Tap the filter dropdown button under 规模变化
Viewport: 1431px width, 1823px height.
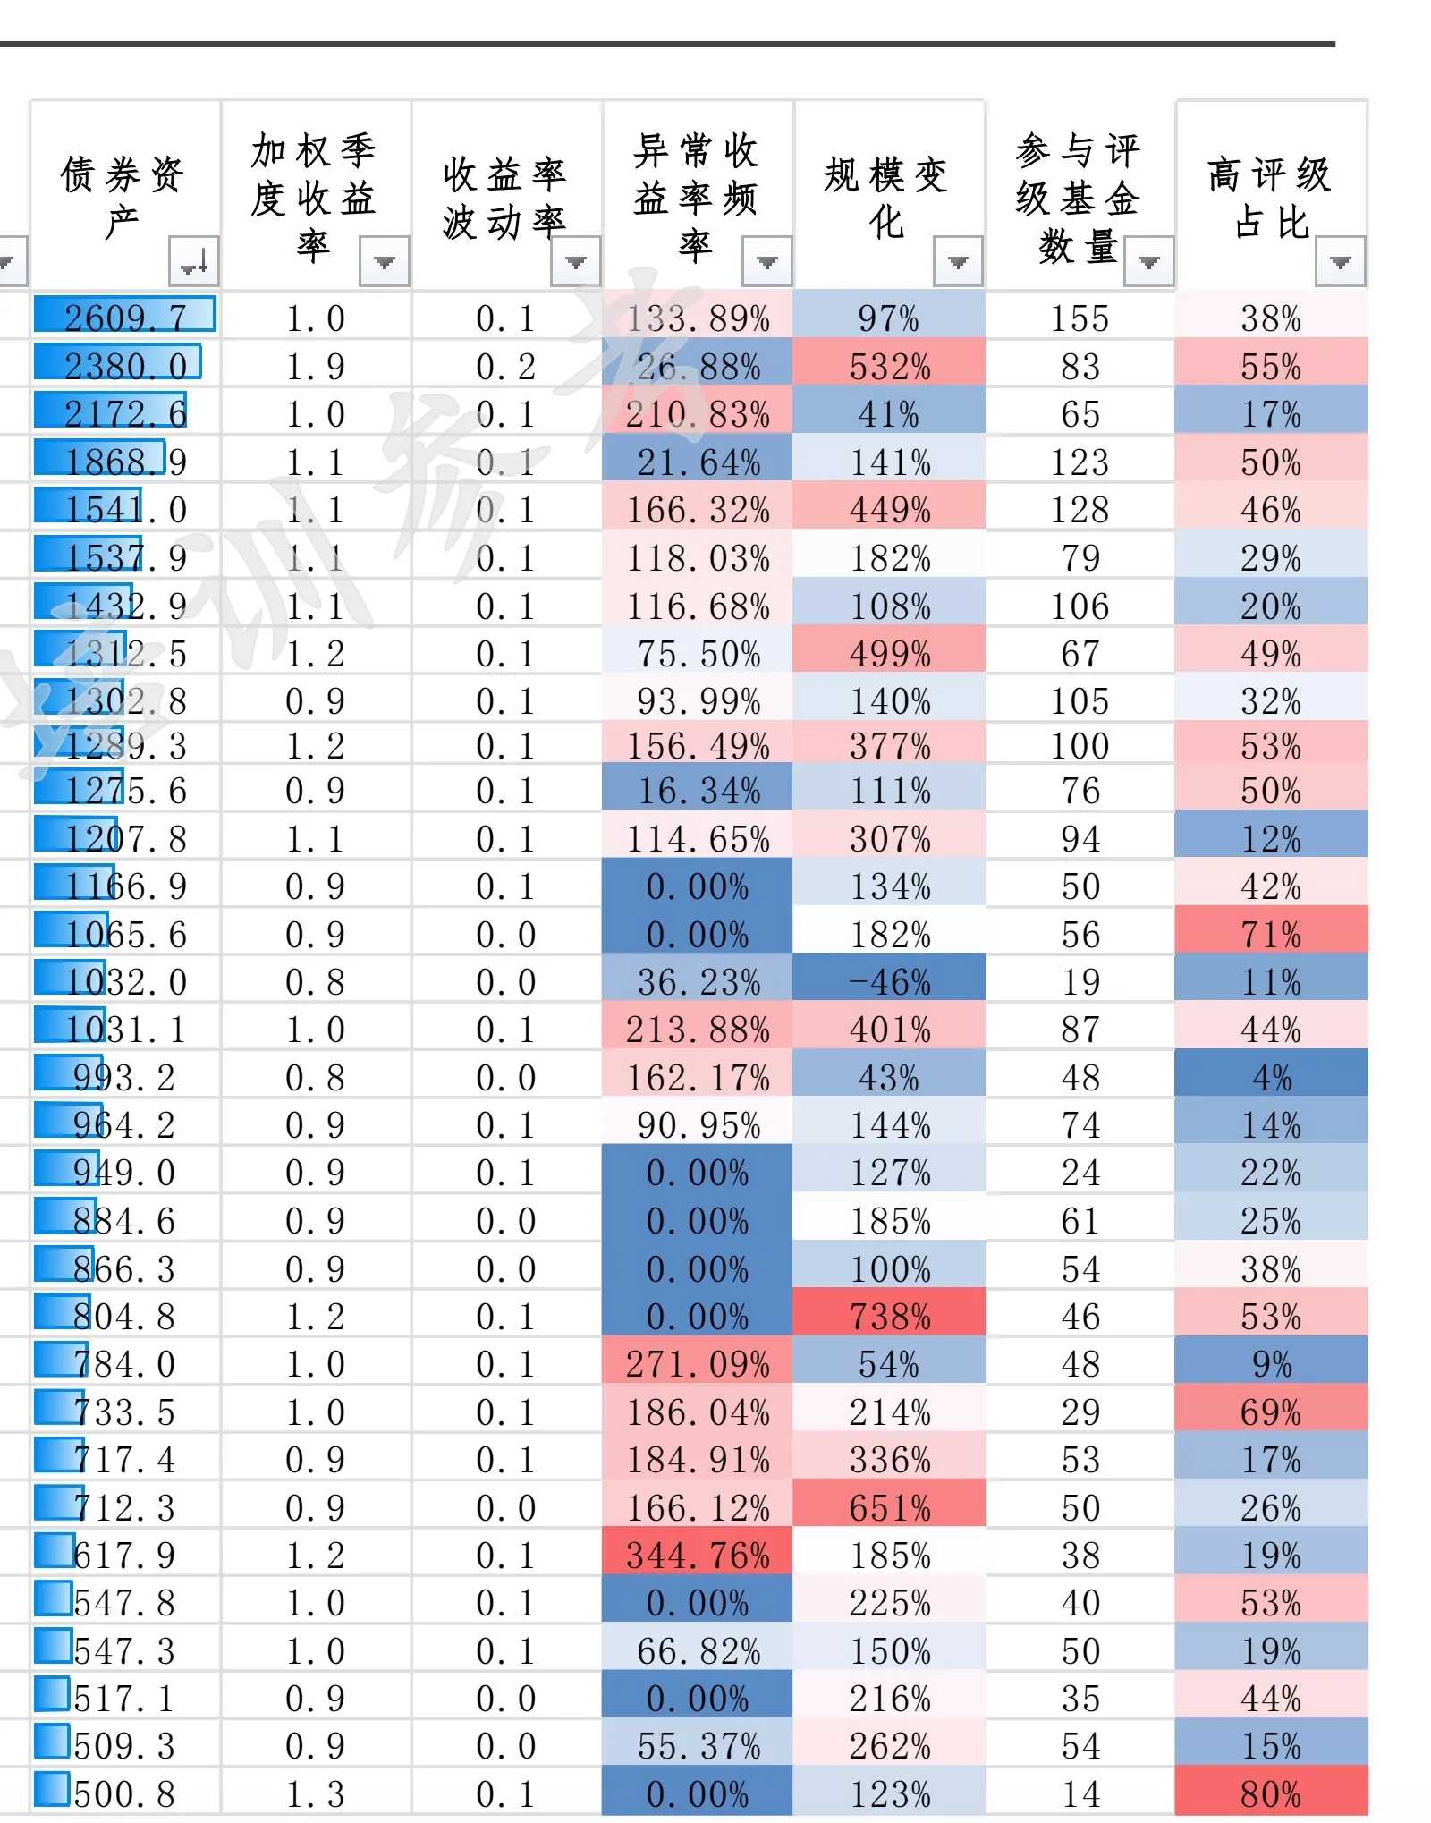[958, 262]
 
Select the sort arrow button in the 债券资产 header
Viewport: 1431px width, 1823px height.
[193, 262]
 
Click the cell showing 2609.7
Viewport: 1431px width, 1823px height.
[125, 318]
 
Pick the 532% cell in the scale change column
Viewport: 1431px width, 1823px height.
[890, 366]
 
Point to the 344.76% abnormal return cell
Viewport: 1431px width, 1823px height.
[698, 1555]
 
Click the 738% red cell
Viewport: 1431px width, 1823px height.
[890, 1316]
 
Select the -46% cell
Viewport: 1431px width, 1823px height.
[890, 981]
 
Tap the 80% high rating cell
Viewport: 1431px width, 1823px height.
[1271, 1793]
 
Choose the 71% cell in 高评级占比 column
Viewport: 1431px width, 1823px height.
[1271, 934]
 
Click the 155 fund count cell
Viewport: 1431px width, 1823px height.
[1080, 318]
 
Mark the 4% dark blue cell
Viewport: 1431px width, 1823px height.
[1271, 1077]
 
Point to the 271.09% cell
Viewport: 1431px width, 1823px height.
[698, 1363]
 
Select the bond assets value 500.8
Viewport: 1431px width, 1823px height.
[125, 1793]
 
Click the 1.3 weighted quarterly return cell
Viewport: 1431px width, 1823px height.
[315, 1793]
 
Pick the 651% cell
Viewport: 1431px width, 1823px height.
[890, 1507]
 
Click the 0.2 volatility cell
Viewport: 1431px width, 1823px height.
[505, 366]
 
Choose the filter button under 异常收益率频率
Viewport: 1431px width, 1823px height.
[766, 262]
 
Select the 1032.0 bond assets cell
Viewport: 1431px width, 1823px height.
[125, 981]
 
